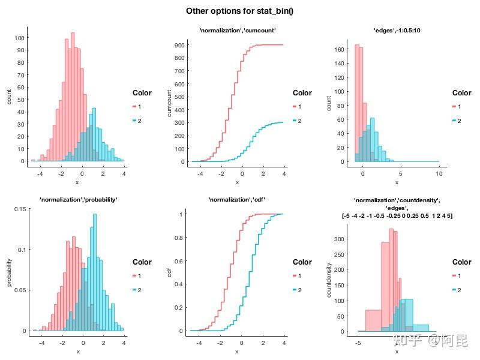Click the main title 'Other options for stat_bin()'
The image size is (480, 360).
click(239, 11)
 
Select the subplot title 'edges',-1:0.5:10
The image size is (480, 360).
click(397, 31)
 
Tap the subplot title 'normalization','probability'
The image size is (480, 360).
click(78, 199)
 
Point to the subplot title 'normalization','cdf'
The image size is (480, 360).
click(237, 199)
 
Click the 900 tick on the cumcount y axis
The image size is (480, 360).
click(178, 44)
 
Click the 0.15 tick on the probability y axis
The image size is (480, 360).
click(18, 209)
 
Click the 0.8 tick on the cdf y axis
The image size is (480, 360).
click(179, 237)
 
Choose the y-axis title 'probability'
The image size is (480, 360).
click(8, 271)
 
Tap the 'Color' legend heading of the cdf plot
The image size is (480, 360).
click(302, 262)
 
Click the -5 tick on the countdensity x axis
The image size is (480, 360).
click(358, 341)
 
